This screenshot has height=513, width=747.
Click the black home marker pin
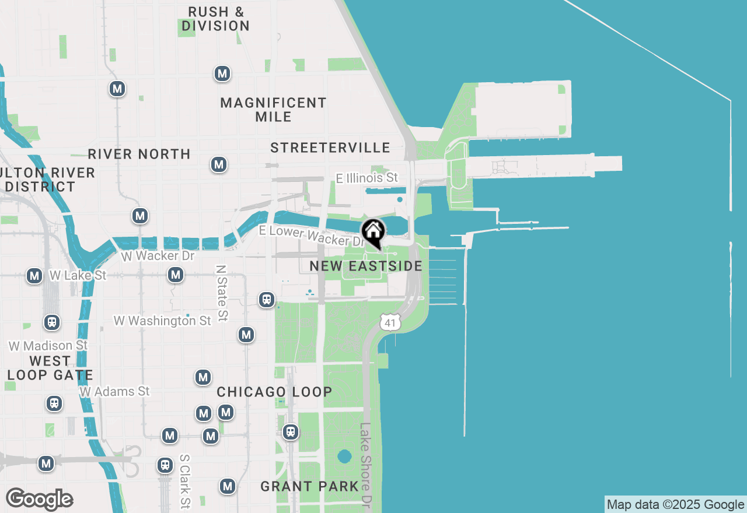(373, 233)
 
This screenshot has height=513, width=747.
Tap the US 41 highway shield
(390, 322)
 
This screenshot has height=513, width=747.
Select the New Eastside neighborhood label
(366, 266)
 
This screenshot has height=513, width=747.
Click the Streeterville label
(330, 148)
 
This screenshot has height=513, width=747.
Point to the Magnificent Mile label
(274, 110)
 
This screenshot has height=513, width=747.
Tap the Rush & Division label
(216, 19)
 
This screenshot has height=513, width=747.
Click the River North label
(139, 154)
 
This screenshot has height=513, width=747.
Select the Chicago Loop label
(275, 392)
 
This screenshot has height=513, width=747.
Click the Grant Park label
(309, 486)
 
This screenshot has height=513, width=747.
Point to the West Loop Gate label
(50, 368)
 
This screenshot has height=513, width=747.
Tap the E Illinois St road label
(367, 177)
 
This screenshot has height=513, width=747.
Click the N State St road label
(221, 293)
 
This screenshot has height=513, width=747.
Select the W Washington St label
(162, 321)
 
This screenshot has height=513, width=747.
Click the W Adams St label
(115, 392)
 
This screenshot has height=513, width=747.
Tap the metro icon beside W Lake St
(35, 276)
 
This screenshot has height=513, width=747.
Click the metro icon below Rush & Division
(222, 74)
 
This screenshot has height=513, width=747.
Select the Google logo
(39, 500)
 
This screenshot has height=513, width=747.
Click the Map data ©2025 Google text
(675, 505)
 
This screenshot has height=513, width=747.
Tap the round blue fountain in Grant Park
(344, 456)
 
